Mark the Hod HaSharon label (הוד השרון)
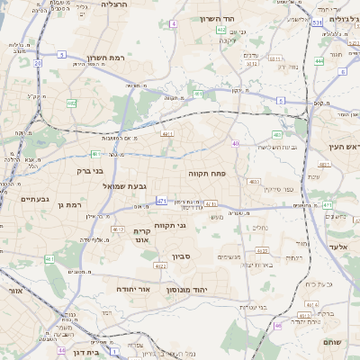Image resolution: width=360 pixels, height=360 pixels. [241, 19]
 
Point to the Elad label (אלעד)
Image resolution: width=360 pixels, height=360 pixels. [338, 246]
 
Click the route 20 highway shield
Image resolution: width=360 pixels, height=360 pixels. [37, 64]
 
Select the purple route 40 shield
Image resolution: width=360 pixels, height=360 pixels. [236, 143]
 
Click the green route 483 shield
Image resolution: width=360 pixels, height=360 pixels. [276, 135]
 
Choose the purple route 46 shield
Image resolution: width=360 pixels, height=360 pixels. [277, 325]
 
